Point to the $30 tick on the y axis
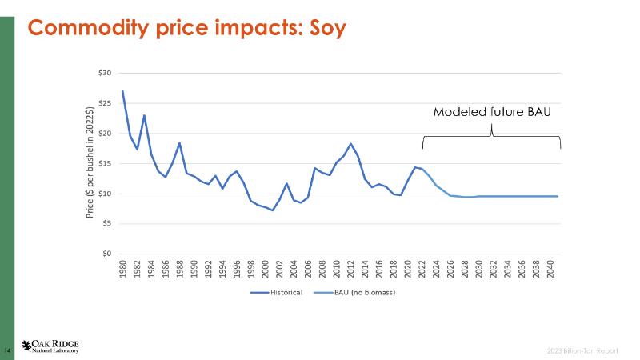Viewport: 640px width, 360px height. point(105,74)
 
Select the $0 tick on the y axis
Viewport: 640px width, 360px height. point(107,254)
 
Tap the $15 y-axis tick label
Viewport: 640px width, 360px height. point(105,164)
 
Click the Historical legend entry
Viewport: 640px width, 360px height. point(276,292)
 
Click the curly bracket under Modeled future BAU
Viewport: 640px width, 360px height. point(491,136)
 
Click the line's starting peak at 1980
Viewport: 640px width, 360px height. point(122,90)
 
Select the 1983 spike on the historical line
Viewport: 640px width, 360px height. point(144,115)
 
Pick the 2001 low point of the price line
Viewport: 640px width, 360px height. point(273,210)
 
